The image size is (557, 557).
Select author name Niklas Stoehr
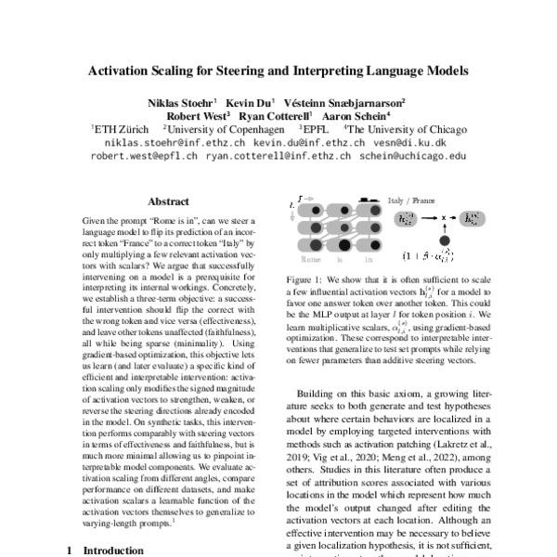180,100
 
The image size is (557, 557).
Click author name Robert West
197,115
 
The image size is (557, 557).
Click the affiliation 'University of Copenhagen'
220,130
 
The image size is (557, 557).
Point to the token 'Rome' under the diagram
314,262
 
